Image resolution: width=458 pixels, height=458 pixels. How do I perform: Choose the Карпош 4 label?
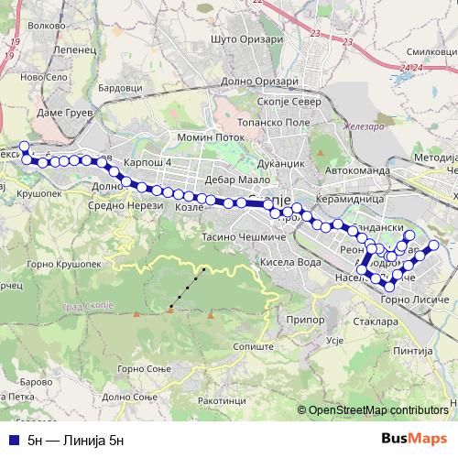147,161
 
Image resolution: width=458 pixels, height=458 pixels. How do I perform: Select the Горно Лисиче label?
415,300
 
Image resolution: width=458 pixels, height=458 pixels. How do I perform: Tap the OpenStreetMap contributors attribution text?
378,411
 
